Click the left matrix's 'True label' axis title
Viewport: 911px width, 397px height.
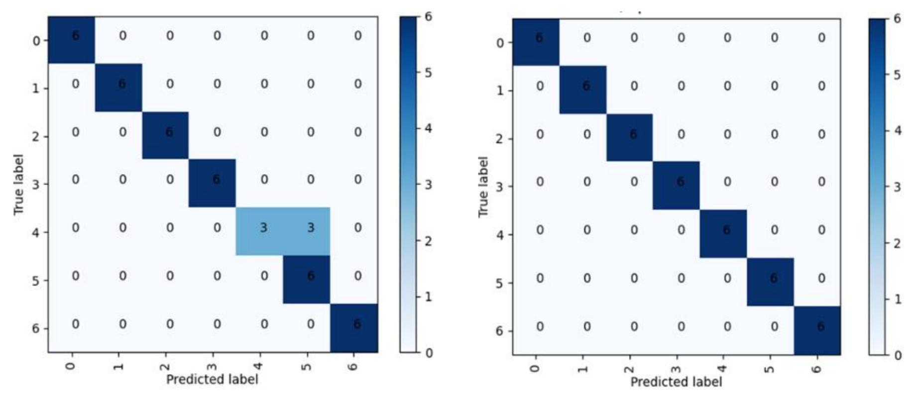click(x=19, y=185)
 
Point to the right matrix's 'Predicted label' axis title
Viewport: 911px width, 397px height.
click(x=676, y=382)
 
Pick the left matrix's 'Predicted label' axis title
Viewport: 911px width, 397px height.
click(x=212, y=380)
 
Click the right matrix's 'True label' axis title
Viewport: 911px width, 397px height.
click(x=483, y=187)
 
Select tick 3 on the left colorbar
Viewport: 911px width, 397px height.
click(x=429, y=185)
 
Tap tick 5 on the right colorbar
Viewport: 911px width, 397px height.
click(x=897, y=75)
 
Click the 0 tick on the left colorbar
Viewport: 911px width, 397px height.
click(x=429, y=353)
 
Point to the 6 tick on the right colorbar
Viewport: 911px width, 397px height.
click(x=897, y=19)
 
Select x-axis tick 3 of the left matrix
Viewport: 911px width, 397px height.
click(x=213, y=366)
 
